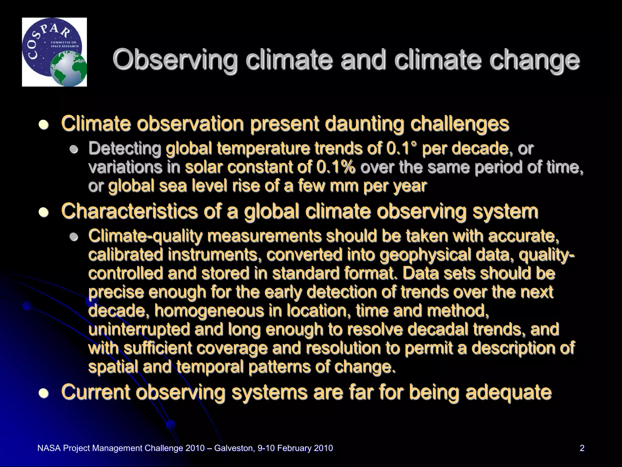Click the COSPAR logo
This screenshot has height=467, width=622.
(54, 52)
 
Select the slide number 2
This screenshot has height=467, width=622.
(582, 448)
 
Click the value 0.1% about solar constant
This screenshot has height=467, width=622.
(335, 167)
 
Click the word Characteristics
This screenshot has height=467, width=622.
(129, 211)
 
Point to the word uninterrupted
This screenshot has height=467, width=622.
(139, 329)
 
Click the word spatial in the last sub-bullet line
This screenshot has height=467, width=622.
(113, 367)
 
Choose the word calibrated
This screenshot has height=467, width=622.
(125, 254)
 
